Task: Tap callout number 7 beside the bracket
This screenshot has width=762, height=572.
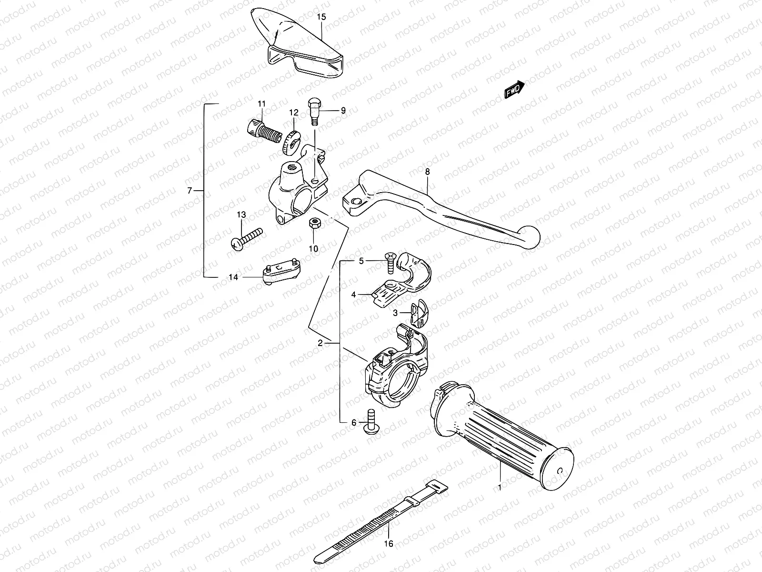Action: click(189, 191)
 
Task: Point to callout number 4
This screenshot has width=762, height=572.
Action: click(353, 295)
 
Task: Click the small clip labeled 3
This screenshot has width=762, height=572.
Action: click(417, 313)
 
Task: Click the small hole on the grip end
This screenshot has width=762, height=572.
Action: click(561, 470)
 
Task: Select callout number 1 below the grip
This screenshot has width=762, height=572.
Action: click(500, 487)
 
